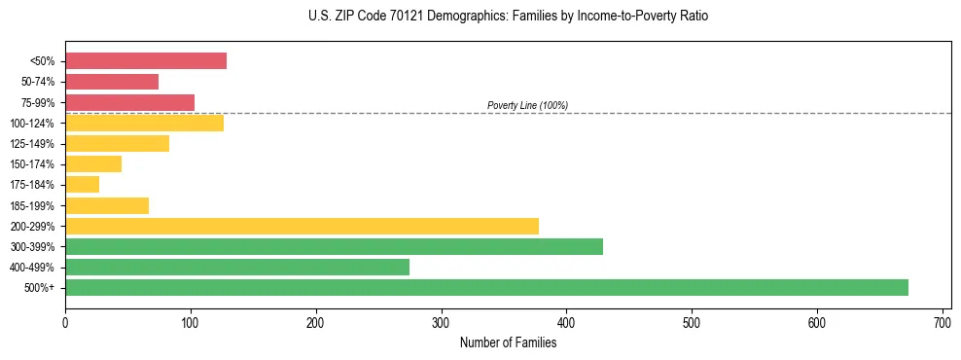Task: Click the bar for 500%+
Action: (x=486, y=287)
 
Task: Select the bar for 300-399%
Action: (x=334, y=246)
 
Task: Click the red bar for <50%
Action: (x=146, y=61)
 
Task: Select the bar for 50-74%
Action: (x=112, y=82)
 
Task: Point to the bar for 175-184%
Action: (x=82, y=184)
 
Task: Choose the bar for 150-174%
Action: (x=93, y=163)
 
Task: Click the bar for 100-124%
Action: (x=144, y=123)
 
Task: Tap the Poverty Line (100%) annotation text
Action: (x=527, y=105)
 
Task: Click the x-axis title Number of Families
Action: (x=508, y=342)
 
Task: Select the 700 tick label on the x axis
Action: (x=942, y=322)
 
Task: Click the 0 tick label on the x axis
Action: (x=65, y=322)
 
